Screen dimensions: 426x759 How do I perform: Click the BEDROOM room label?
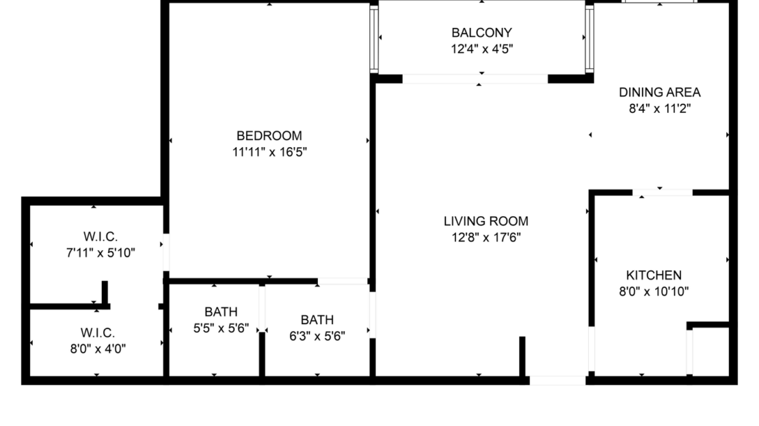[x=269, y=135]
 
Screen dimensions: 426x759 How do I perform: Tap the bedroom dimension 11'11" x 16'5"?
[x=269, y=152]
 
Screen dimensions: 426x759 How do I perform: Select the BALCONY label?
[x=481, y=32]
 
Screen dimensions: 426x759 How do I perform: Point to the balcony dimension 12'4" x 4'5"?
[x=481, y=49]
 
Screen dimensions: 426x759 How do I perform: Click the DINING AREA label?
[x=659, y=92]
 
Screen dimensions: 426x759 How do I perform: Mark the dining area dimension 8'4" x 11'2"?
[x=659, y=109]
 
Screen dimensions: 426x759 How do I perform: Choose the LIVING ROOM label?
[x=485, y=221]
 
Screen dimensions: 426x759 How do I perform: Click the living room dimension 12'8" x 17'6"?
[x=485, y=238]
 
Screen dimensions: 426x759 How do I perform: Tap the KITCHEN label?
[x=654, y=275]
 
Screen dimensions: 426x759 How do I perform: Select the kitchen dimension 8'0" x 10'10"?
[x=654, y=292]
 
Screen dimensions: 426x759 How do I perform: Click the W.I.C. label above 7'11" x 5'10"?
[x=101, y=236]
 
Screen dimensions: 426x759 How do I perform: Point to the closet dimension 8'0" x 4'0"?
[x=96, y=348]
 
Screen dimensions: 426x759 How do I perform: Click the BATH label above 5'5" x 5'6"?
[x=220, y=312]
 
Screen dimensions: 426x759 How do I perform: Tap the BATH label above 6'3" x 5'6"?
[x=317, y=319]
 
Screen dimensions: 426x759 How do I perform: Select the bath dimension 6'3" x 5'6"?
[x=317, y=336]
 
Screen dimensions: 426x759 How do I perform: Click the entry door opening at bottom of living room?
[x=557, y=380]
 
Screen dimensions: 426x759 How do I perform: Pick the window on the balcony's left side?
[x=373, y=39]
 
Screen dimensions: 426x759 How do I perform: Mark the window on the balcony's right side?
[x=589, y=39]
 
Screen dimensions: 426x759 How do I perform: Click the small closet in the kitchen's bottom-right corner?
[x=710, y=351]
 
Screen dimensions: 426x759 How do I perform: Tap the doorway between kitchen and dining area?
[x=662, y=193]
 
